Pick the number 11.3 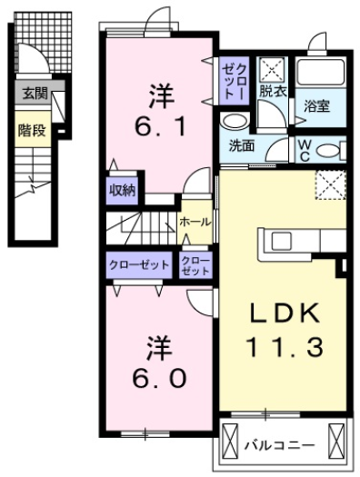click(x=283, y=346)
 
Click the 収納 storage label click(x=123, y=190)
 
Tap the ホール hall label click(x=195, y=221)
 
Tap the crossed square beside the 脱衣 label click(x=270, y=69)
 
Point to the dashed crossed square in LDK click(x=328, y=186)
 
